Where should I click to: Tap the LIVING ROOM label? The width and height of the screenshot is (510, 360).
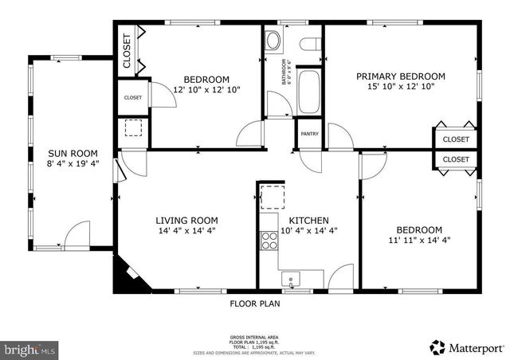(x=186, y=221)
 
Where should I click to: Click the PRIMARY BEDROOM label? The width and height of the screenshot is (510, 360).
(x=400, y=76)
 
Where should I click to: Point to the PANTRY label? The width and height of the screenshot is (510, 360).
(x=309, y=134)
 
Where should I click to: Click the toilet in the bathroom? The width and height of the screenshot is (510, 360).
(x=273, y=39)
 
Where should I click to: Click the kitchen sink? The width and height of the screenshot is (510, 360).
(x=292, y=280)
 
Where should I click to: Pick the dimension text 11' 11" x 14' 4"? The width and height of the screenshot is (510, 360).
(x=419, y=239)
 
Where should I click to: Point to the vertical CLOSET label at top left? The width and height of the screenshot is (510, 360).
(x=127, y=50)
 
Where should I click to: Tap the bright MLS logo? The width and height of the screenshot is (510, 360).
(x=30, y=349)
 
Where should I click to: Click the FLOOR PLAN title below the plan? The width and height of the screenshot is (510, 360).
(x=255, y=303)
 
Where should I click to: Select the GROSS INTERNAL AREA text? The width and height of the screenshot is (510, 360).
(x=255, y=338)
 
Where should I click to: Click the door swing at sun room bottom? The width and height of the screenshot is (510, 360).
(x=77, y=234)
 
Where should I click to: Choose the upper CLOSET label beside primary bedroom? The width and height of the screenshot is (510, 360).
(x=456, y=139)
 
